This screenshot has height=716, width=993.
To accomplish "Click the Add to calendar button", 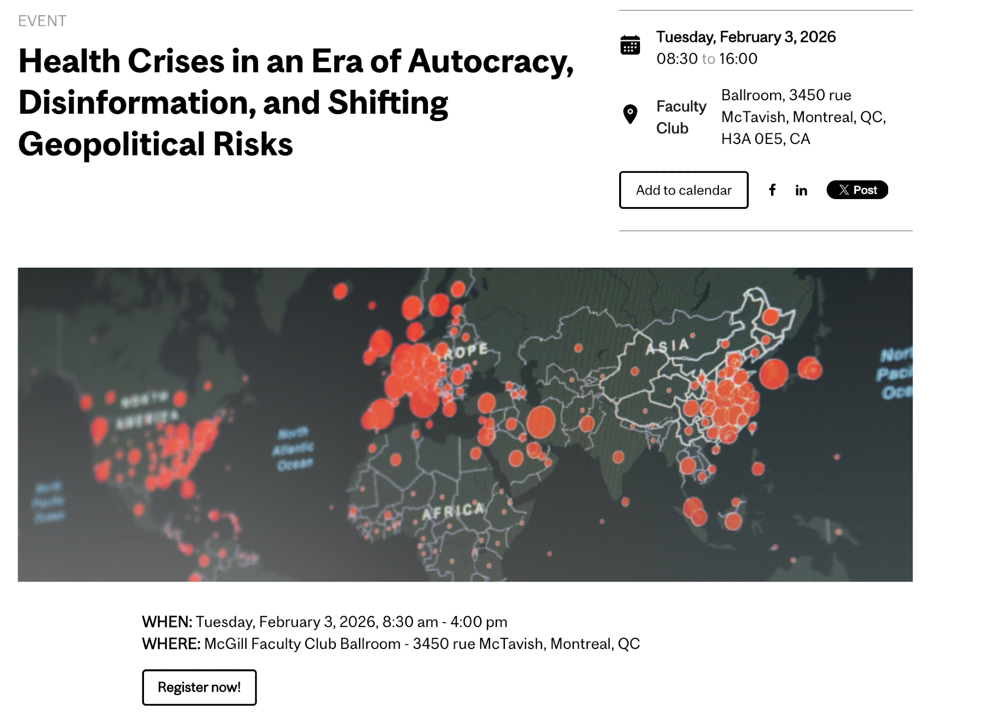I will point(683,190).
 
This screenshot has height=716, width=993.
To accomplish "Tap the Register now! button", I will point(199,687).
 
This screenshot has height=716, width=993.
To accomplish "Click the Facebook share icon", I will point(772,190).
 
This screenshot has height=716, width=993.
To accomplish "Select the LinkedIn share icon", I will point(801,190).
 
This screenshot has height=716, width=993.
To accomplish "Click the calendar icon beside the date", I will point(630,45).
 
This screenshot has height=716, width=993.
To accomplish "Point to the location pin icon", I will point(630,114).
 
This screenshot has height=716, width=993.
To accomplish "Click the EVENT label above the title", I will point(42,21).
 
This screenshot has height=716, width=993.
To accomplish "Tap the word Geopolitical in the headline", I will point(111,144).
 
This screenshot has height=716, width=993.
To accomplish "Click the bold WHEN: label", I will point(167,622).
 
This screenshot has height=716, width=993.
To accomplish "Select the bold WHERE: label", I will point(171,644).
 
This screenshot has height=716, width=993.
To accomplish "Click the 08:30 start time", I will point(677,59).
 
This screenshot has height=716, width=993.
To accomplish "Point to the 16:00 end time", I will point(738,59).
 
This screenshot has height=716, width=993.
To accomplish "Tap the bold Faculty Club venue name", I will point(681,117).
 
